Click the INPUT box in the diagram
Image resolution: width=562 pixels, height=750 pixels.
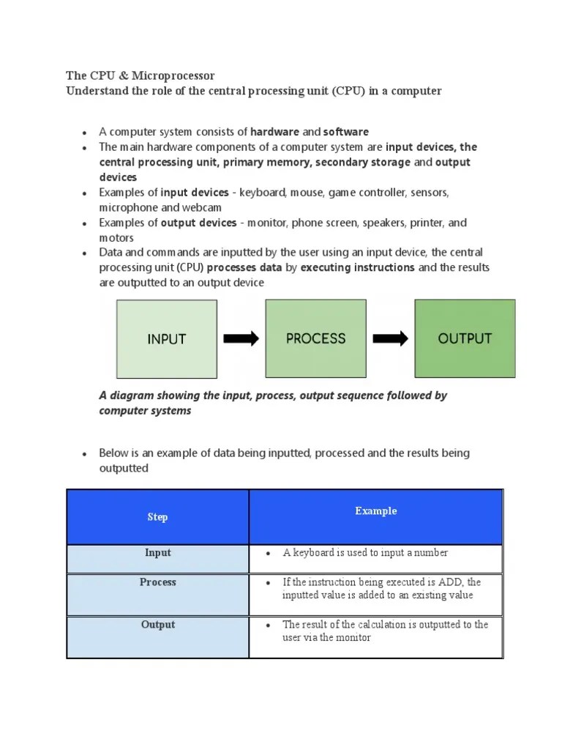coord(167,338)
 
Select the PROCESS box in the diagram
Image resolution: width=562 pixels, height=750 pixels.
coord(315,338)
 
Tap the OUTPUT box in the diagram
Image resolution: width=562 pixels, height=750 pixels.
coord(465,338)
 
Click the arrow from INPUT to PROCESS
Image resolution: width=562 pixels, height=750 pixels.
coord(241,338)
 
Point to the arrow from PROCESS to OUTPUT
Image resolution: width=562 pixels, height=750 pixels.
coord(390,338)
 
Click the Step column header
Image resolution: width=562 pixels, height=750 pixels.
coord(157,517)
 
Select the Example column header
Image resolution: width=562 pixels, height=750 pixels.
coord(376,511)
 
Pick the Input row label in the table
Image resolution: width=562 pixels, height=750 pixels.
coord(157,553)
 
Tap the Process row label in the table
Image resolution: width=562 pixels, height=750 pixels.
coord(158,582)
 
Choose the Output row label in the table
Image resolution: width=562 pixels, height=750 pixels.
coord(158,625)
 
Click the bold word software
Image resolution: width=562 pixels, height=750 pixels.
coord(346,132)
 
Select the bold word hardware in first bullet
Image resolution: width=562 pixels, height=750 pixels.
coord(274,132)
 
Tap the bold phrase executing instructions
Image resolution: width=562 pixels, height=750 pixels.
coord(357,267)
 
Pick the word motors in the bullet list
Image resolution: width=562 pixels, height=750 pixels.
coord(116,238)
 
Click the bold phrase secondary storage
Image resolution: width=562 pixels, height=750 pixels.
coord(362,162)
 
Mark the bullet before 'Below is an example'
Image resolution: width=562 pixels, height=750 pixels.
coord(85,454)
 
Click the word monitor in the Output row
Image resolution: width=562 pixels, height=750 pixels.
coord(355,638)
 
